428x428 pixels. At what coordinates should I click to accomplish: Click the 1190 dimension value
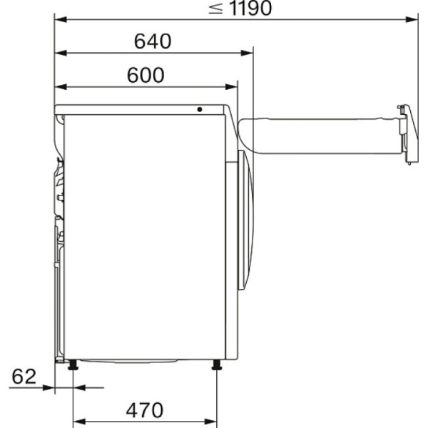click(x=251, y=8)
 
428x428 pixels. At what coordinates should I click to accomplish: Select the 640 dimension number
click(x=153, y=41)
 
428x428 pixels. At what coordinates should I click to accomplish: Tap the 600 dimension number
click(x=146, y=75)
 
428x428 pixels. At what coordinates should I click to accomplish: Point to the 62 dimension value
click(x=24, y=377)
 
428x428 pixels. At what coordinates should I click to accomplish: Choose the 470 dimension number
click(x=145, y=410)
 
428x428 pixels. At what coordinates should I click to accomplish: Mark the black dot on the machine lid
click(x=200, y=109)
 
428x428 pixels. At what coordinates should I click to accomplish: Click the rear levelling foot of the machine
click(x=73, y=365)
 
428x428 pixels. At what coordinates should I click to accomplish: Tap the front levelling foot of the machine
click(x=217, y=365)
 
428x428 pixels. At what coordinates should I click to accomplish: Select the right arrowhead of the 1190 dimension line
click(x=412, y=20)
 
